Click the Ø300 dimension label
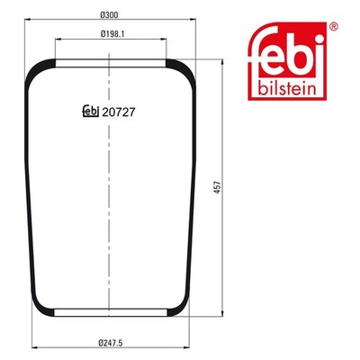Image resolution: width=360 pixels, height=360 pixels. point(109,14)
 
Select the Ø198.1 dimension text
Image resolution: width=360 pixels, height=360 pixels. point(112,34)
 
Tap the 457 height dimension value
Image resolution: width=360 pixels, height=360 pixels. point(217,187)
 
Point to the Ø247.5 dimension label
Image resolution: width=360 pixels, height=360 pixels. point(111,343)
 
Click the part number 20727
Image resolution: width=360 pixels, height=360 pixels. point(119,112)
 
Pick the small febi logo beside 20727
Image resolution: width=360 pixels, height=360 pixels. point(91,112)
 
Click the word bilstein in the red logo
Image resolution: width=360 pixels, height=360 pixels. point(287,89)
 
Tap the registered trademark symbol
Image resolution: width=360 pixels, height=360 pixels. point(334,26)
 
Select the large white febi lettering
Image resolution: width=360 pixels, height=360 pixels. point(287,52)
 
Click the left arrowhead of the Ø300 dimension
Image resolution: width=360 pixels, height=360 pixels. point(28,20)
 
